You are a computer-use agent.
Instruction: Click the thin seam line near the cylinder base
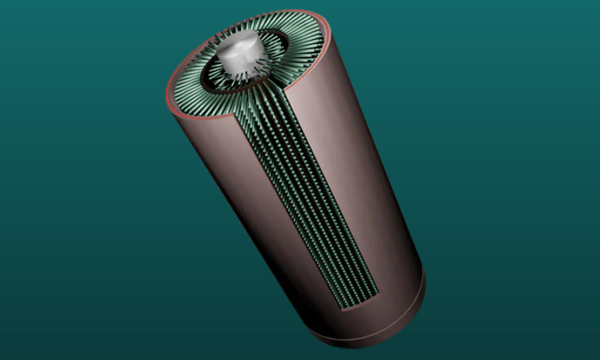[x=395, y=311]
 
